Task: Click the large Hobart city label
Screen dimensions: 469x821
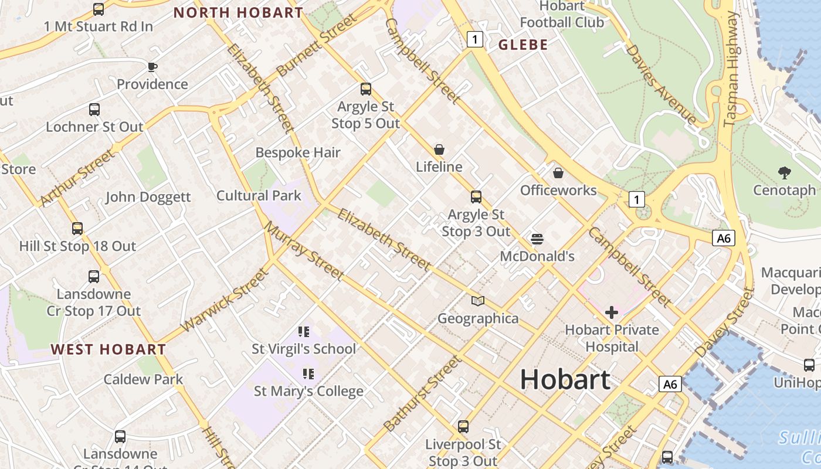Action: pos(565,379)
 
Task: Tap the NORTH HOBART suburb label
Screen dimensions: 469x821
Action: pos(238,12)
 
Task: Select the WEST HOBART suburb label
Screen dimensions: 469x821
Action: pos(108,349)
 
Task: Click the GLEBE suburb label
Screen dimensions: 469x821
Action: pos(523,45)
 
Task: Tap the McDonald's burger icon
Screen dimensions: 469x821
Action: pos(537,239)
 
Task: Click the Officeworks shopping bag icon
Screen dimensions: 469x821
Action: pos(558,173)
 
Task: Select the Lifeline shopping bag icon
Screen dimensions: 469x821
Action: pos(439,149)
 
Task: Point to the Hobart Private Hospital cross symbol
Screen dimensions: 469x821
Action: pos(612,312)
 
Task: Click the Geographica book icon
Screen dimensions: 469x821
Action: pos(478,301)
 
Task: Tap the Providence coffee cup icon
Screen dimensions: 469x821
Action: pos(152,67)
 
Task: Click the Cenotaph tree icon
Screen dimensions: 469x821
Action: pos(784,172)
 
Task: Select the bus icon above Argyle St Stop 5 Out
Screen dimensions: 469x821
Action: pos(366,89)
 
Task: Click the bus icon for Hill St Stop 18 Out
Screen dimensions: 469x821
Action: pos(77,229)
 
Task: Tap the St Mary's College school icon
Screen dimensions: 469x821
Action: pos(308,373)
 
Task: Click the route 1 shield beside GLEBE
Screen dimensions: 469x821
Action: pos(475,39)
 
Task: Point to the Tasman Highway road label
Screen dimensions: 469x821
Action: pos(731,69)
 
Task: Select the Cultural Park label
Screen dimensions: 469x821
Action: pos(259,195)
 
